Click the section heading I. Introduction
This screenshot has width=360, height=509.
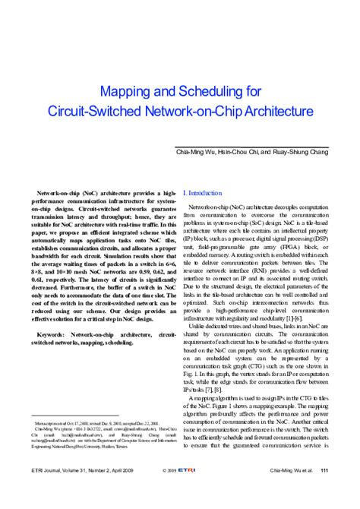(204, 194)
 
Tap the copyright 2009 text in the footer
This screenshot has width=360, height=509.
(172, 492)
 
